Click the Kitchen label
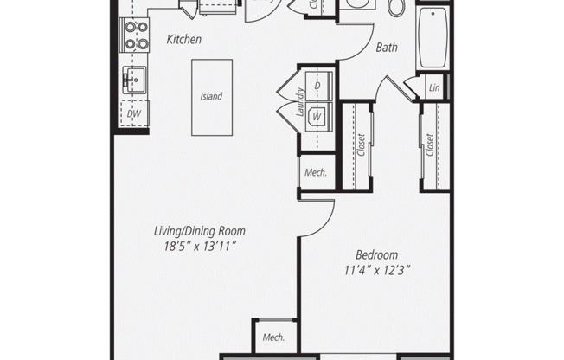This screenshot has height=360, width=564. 183,39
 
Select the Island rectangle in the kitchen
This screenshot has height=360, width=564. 211,96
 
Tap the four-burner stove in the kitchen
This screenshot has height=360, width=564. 137,35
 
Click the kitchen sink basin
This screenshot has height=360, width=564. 135,80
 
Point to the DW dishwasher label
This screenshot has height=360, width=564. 135,113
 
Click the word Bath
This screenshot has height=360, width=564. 386,48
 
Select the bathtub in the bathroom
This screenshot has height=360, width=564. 433,39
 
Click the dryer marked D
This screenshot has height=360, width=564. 317,86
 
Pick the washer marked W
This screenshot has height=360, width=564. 317,112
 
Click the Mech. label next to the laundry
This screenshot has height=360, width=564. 315,172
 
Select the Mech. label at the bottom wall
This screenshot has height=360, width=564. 273,337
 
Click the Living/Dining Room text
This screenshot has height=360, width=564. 200,231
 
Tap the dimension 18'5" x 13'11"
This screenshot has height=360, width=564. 200,247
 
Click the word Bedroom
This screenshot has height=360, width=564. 376,254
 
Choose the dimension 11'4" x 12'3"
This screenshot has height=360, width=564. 376,270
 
